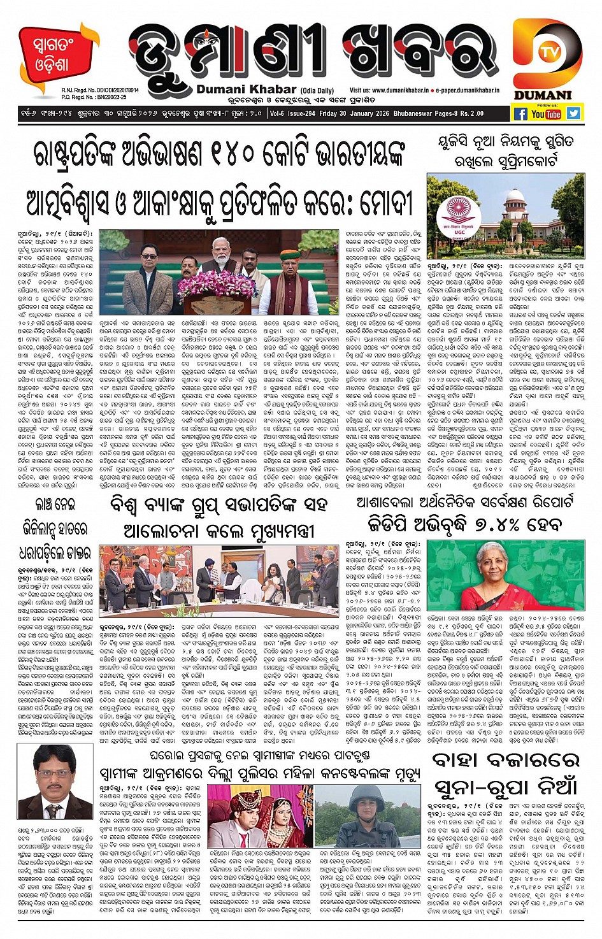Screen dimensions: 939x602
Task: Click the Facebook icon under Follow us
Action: (520, 114)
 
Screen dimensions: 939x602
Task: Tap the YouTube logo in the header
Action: (546, 114)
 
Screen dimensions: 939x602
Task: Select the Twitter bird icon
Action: (573, 113)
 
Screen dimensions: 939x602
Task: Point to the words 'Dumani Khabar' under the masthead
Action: (246, 90)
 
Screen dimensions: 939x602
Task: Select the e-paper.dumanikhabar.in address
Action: (468, 91)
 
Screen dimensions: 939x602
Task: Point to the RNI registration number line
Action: (100, 91)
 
